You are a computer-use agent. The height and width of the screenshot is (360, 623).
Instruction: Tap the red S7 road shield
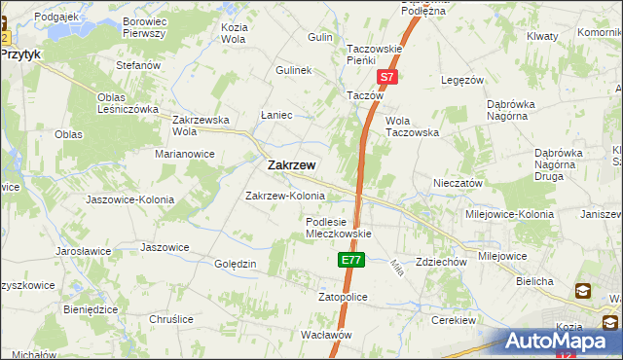[386, 76]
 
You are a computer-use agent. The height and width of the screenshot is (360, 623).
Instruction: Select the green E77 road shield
[350, 261]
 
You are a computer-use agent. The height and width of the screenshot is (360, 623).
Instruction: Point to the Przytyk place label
[20, 55]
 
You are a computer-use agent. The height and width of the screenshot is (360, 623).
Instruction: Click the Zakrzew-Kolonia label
[284, 196]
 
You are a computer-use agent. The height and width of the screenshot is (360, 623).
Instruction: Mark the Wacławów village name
[325, 334]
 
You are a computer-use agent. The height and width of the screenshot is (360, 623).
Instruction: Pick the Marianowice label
[185, 154]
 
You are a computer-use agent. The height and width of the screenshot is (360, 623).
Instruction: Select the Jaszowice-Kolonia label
[129, 199]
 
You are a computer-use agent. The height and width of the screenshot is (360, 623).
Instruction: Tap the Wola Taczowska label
[412, 126]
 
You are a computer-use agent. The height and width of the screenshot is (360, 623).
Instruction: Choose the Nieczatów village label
[458, 183]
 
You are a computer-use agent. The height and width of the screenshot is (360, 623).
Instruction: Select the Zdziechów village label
[441, 263]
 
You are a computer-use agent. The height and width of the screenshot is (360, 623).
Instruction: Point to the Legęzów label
[462, 81]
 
